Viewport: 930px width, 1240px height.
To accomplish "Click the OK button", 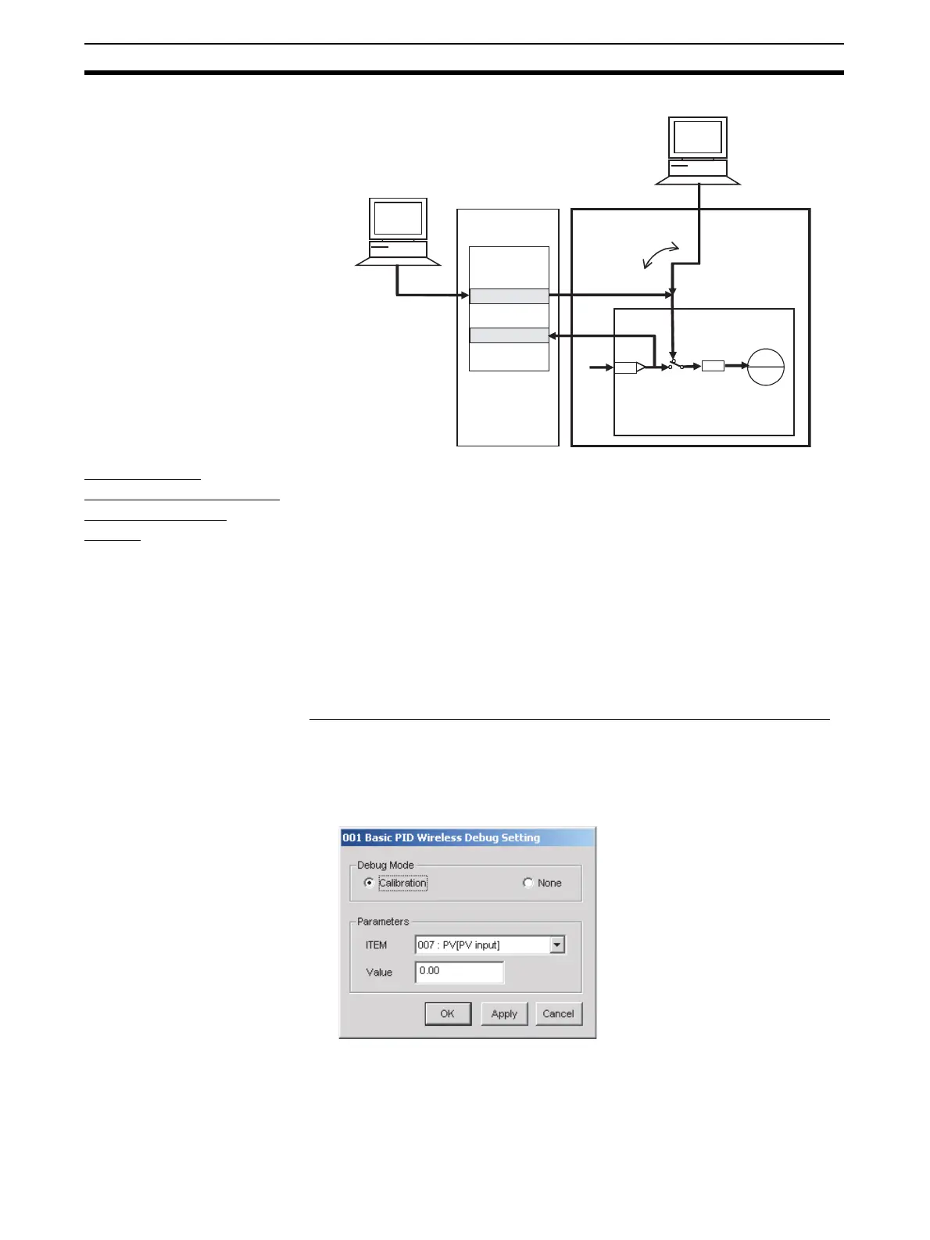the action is point(448,1014).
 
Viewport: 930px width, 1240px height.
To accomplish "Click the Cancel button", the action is point(558,1014).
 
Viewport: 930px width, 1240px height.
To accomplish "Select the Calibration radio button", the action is point(370,883).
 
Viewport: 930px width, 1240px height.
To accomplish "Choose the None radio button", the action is point(528,883).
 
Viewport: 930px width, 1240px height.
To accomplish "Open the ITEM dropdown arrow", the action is point(556,945).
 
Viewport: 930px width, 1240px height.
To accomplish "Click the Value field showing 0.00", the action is point(459,972).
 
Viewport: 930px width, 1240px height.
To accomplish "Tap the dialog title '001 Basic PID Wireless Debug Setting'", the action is point(442,838).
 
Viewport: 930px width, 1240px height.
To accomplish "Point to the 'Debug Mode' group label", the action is point(386,865).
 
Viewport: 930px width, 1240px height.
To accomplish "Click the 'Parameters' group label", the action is point(383,922).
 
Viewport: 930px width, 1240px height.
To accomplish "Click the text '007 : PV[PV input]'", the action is point(459,945).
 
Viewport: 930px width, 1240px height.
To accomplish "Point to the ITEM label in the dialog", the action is point(377,945).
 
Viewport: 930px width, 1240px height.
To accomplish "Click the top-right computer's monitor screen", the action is point(698,137).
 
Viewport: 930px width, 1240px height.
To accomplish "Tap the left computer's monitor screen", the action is point(399,218).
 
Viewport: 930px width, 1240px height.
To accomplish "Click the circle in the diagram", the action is point(766,367).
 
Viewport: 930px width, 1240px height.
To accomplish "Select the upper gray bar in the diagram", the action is point(509,296).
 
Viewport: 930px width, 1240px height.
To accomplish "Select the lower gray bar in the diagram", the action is point(509,335).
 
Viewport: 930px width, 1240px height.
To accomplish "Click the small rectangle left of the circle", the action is point(713,366).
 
